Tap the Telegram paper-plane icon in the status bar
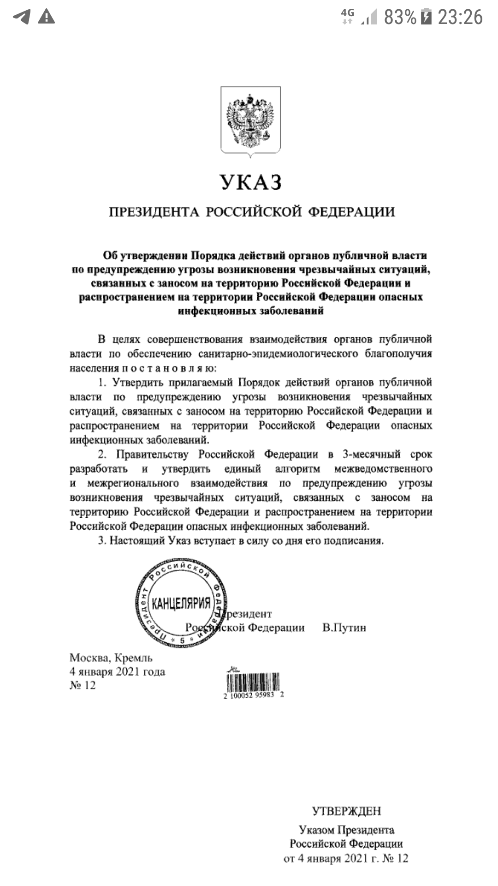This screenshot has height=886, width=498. coord(22,17)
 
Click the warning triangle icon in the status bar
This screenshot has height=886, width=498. coord(46,17)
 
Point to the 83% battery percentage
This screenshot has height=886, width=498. coord(400,18)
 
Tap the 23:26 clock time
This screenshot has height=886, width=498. coord(460,18)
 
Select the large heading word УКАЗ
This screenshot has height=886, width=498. coord(250,182)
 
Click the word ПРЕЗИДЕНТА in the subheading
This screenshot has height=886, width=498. coord(154,212)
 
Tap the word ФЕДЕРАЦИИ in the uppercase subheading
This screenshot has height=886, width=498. coord(351,212)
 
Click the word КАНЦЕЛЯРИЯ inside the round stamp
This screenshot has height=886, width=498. coord(181,603)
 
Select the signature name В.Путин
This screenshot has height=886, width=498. coord(344,628)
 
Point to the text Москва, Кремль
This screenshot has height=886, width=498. coord(111,658)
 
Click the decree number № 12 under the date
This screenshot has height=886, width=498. coord(83,685)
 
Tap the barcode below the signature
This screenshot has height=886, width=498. coord(253,682)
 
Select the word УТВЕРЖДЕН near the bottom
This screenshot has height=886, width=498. coord(346,811)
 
